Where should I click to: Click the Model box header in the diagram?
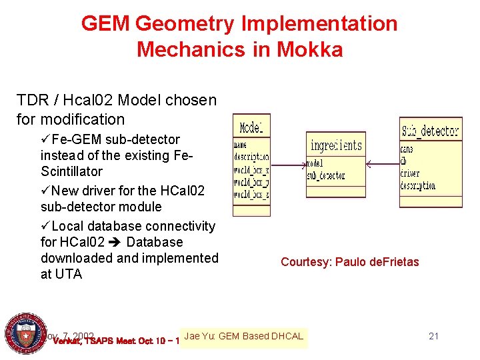click(251, 127)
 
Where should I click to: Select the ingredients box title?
click(336, 145)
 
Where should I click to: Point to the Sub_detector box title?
click(431, 130)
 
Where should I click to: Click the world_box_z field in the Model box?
click(251, 195)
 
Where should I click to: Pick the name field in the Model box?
click(241, 144)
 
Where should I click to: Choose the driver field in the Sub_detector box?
click(409, 174)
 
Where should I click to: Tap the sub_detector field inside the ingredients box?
click(326, 176)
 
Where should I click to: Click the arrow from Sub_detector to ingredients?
click(381, 165)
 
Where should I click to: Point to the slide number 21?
click(433, 336)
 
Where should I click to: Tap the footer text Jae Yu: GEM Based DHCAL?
click(243, 336)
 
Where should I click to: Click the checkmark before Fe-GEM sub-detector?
click(45, 140)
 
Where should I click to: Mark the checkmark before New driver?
click(45, 191)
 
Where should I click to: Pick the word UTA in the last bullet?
click(68, 274)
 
